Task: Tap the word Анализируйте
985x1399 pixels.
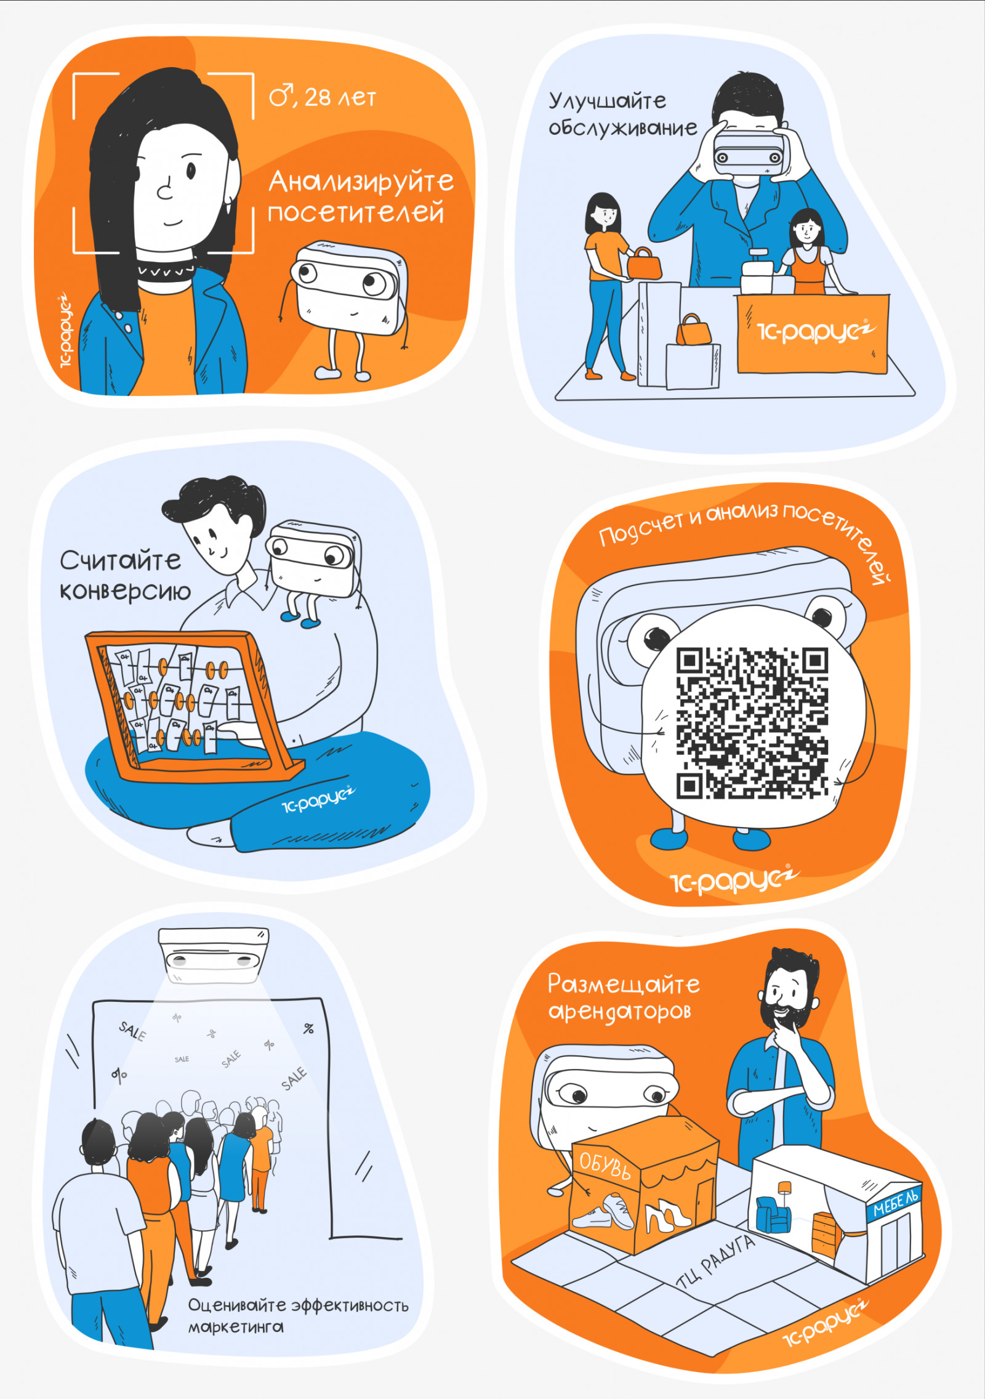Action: point(361,182)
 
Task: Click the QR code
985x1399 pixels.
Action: point(752,723)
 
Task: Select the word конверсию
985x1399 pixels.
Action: point(125,591)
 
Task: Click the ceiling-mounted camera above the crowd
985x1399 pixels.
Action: point(213,954)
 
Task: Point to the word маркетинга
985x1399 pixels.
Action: point(236,1326)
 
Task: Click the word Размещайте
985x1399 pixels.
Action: point(624,984)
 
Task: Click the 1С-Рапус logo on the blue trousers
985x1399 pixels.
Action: point(318,800)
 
